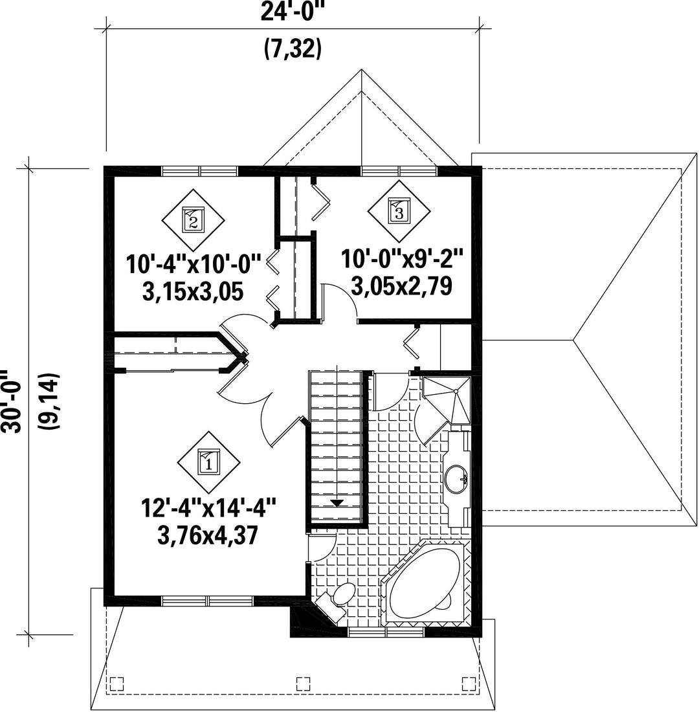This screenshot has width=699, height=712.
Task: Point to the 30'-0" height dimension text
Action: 11,401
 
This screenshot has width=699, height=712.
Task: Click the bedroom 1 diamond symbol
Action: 208,462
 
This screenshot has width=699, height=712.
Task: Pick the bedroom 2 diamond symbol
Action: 193,220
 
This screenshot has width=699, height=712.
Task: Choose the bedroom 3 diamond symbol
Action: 399,211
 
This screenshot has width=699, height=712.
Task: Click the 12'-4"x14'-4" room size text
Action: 208,508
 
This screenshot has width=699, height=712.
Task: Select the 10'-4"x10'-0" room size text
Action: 194,264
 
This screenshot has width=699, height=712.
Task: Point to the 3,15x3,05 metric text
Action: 193,291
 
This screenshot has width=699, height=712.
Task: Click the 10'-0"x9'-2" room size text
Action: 403,259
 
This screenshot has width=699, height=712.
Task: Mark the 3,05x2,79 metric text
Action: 402,286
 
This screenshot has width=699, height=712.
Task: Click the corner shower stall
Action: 446,398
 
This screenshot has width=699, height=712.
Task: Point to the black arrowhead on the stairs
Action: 337,503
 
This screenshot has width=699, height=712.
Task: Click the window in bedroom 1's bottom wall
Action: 208,601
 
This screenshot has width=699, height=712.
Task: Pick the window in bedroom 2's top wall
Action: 200,171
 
